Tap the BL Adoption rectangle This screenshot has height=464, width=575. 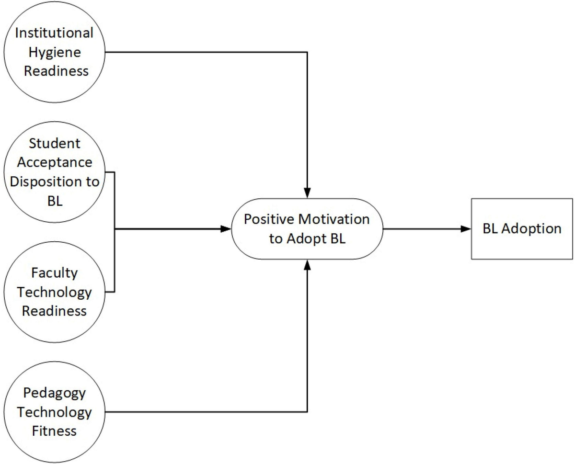tap(521, 228)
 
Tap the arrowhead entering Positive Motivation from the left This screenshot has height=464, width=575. tap(226, 229)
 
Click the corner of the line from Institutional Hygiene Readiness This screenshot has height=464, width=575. tap(307, 52)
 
